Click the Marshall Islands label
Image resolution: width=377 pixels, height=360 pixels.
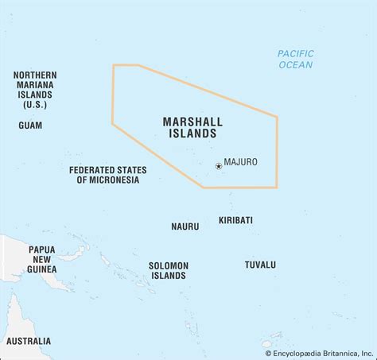(192, 128)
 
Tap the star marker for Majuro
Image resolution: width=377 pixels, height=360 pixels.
(218, 166)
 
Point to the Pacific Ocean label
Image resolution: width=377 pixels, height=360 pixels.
(296, 59)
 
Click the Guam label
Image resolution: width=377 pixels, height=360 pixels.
(30, 125)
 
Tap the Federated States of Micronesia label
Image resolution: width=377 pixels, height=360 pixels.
(108, 175)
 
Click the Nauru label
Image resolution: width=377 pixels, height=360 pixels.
(185, 226)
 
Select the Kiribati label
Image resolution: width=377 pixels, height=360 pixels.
(235, 219)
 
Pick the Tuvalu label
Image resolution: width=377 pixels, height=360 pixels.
(260, 264)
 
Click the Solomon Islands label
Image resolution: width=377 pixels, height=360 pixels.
(168, 270)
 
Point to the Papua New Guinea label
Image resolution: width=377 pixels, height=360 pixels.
(42, 259)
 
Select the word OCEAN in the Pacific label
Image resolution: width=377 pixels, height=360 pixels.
(296, 65)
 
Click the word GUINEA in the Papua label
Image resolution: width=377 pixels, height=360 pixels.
(42, 269)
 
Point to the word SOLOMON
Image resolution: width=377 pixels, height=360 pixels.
(168, 265)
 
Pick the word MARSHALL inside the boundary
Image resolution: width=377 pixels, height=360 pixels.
(192, 122)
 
